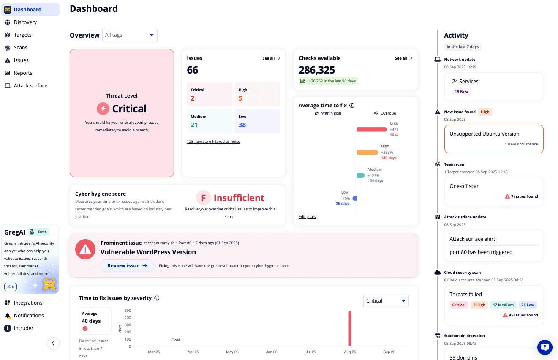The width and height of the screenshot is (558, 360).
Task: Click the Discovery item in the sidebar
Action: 25,22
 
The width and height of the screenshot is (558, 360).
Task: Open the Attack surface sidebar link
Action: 30,86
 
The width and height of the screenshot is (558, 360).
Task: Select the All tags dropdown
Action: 130,35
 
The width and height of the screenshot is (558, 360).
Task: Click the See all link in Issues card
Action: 271,58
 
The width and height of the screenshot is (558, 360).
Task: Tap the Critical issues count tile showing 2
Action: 210,94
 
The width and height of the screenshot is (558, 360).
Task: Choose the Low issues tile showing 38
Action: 257,121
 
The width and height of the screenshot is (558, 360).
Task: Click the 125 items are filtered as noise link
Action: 213,142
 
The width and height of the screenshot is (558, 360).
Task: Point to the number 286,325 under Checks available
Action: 317,70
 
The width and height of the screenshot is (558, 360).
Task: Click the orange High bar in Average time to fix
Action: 367,152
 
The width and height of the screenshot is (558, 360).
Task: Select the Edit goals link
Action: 307,217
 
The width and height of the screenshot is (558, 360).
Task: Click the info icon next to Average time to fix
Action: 352,106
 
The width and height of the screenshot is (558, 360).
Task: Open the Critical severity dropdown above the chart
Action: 386,301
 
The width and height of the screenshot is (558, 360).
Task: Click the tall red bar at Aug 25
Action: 350,329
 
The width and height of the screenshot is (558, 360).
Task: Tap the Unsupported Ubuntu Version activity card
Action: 493,139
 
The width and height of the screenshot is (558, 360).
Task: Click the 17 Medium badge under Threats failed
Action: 503,305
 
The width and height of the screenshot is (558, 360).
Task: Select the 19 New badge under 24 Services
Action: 461,92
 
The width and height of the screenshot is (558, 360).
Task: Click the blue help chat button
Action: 544,347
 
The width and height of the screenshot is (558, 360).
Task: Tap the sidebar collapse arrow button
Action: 53,344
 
